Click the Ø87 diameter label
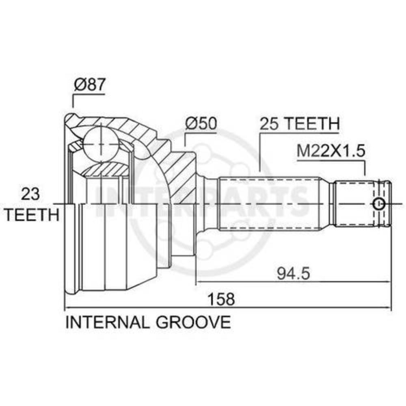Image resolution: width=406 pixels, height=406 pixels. tap(90, 85)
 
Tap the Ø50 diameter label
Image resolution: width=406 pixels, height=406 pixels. tap(201, 123)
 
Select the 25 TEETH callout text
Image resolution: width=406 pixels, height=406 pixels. tap(300, 124)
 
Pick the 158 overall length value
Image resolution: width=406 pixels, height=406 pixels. tap(222, 299)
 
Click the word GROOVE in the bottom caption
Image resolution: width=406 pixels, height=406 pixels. tap(193, 323)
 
